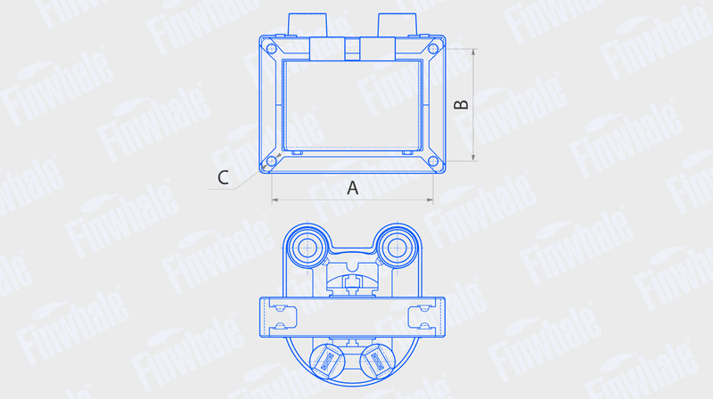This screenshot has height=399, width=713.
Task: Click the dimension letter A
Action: tap(352, 188)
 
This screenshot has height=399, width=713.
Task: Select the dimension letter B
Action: tap(461, 104)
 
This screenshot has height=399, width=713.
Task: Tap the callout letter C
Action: tap(223, 178)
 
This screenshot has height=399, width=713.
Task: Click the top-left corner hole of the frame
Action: tap(272, 49)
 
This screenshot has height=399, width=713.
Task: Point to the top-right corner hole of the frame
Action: tap(433, 49)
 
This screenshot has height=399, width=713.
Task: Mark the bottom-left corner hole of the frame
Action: tap(272, 161)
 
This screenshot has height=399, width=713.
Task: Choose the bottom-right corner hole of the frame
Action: tap(433, 161)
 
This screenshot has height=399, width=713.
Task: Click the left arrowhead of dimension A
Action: tap(275, 199)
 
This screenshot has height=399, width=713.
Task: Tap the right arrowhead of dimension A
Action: tap(430, 199)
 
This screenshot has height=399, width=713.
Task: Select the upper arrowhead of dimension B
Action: tap(473, 53)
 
